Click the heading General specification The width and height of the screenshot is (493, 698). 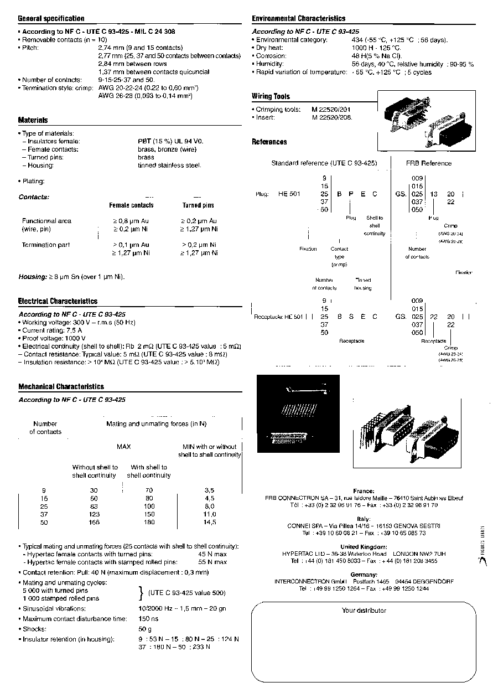click(51, 19)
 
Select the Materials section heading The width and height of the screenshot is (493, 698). click(33, 120)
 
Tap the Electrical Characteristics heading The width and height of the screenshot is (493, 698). click(58, 301)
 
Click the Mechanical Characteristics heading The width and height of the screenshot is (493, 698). click(61, 387)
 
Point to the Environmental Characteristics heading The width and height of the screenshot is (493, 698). click(298, 19)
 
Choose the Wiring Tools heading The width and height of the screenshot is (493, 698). click(271, 96)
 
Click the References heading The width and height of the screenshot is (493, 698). click(269, 142)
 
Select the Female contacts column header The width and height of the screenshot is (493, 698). click(131, 205)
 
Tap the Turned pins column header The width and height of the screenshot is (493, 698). click(198, 205)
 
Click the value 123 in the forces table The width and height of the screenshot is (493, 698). click(94, 514)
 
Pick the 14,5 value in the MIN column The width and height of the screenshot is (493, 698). click(209, 522)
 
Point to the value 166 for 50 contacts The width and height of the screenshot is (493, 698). click(94, 522)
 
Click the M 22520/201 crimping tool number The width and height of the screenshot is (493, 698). click(331, 110)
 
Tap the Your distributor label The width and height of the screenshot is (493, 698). click(364, 611)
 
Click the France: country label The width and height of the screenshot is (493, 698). click(364, 491)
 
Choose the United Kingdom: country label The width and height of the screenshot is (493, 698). click(364, 547)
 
